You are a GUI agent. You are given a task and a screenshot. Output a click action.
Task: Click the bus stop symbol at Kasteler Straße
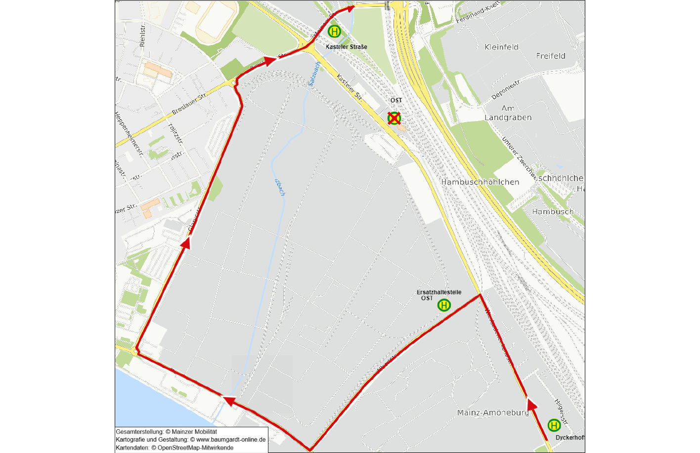pyautogui.click(x=334, y=32)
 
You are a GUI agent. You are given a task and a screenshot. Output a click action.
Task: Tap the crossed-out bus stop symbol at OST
pyautogui.click(x=394, y=118)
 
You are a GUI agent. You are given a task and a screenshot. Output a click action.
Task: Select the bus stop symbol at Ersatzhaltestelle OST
pyautogui.click(x=444, y=305)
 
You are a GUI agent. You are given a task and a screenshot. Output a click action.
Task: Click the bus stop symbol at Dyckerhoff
pyautogui.click(x=554, y=425)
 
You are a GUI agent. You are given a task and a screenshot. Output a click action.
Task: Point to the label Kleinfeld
pyautogui.click(x=501, y=47)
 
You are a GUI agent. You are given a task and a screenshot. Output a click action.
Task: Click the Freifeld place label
pyautogui.click(x=550, y=56)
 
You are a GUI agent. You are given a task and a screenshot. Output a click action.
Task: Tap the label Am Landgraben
pyautogui.click(x=508, y=113)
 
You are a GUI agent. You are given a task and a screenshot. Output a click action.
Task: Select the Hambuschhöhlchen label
pyautogui.click(x=480, y=182)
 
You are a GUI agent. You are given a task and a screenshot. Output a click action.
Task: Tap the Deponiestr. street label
pyautogui.click(x=506, y=89)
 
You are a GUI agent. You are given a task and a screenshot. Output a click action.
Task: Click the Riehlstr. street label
pyautogui.click(x=143, y=35)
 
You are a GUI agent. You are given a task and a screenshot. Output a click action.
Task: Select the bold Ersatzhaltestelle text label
pyautogui.click(x=439, y=292)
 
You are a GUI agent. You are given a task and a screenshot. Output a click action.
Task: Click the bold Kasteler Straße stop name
pyautogui.click(x=346, y=47)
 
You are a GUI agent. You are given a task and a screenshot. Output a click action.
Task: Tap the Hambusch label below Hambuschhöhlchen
pyautogui.click(x=553, y=212)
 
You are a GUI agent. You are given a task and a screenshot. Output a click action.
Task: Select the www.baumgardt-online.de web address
pyautogui.click(x=230, y=440)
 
